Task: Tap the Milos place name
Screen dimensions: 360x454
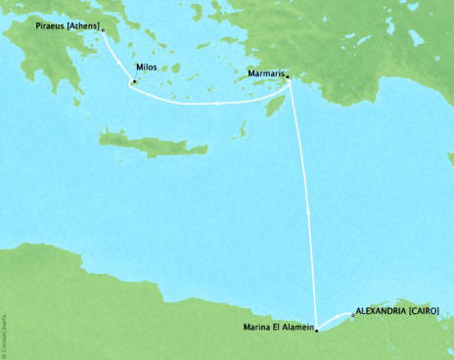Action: (x=147, y=67)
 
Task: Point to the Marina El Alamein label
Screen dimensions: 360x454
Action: (x=277, y=326)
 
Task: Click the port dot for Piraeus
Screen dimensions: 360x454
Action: (x=103, y=29)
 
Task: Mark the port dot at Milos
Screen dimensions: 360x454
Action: (x=133, y=81)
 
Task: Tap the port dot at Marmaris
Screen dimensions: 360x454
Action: (x=288, y=84)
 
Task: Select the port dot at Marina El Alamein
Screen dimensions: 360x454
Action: (x=316, y=333)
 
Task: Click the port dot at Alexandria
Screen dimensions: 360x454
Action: (x=352, y=314)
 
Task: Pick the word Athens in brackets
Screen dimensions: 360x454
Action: (x=82, y=27)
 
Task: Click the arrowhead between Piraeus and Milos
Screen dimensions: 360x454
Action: (x=120, y=59)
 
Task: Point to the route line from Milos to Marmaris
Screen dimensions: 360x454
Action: (x=210, y=102)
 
